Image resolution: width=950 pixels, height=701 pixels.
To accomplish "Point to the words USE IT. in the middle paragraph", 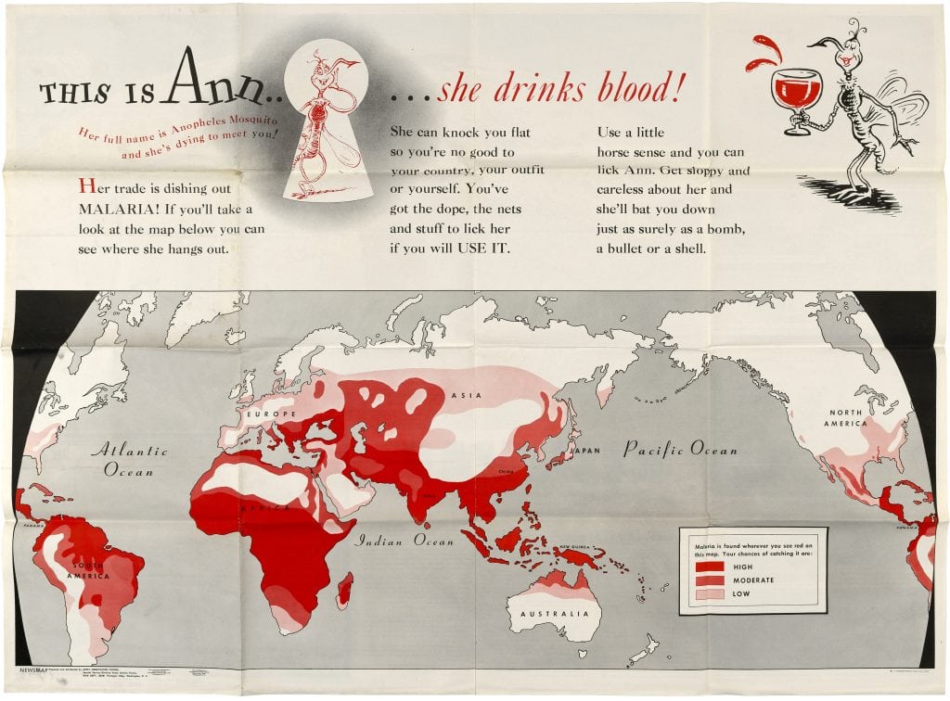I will tap(487, 249).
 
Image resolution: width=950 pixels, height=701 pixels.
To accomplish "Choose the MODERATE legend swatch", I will tap(710, 580).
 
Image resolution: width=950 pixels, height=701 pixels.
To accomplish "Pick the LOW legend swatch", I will tap(710, 595).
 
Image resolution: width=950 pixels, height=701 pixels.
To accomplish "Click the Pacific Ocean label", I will tap(680, 451).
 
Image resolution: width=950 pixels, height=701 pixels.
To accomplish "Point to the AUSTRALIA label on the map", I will tap(554, 614).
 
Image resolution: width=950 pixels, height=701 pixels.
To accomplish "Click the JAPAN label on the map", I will tap(584, 451).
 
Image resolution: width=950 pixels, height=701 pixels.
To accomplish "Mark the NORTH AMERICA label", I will tap(845, 418).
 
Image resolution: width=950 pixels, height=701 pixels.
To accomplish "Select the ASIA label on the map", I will tap(465, 395).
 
